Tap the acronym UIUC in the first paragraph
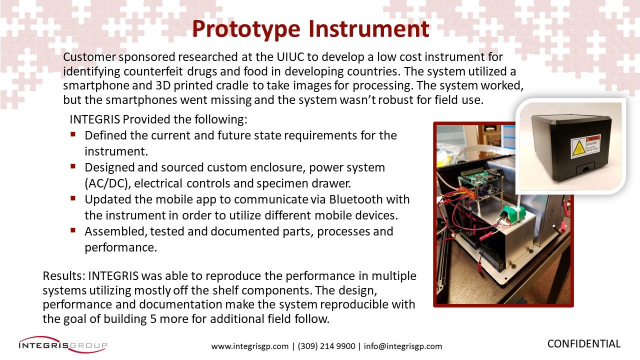pos(290,57)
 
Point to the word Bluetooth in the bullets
pos(355,199)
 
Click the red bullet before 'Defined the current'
pos(73,134)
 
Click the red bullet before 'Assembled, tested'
pos(73,230)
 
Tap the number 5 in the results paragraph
pos(153,319)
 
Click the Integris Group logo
pos(63,344)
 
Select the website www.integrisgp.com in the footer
pos(250,346)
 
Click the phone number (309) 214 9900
pos(326,346)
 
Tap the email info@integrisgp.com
pos(403,346)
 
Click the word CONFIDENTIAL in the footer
pos(584,343)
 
